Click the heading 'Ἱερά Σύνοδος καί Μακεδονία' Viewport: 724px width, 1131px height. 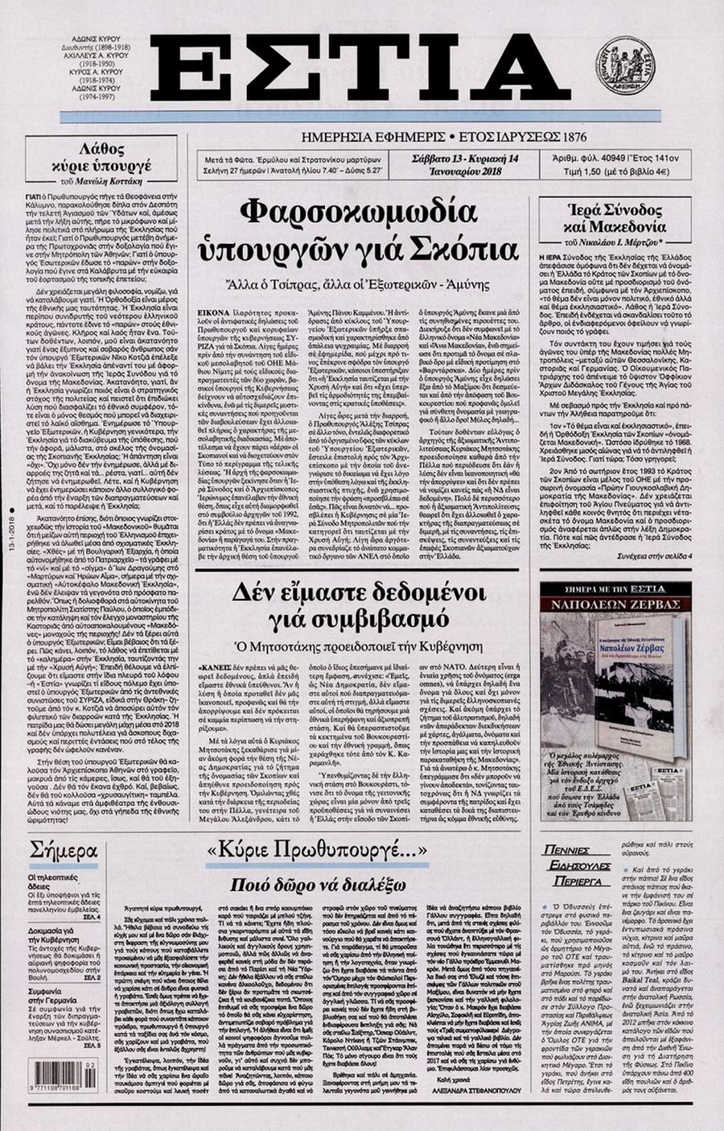(x=615, y=217)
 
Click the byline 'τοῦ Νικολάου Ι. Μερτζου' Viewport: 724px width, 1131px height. (x=615, y=240)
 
